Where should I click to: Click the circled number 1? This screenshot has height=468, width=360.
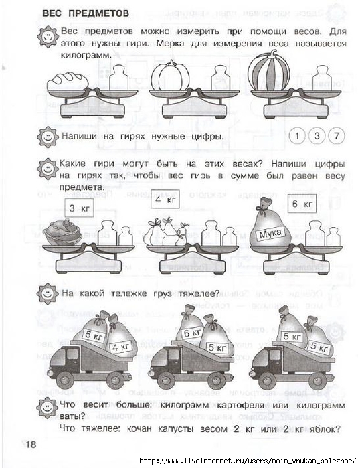[x=297, y=136]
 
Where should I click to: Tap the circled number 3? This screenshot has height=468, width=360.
[x=317, y=136]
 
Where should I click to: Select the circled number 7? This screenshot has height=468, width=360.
[x=337, y=136]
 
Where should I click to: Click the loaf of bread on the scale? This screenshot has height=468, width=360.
[x=68, y=81]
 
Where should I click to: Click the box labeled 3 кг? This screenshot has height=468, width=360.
[x=79, y=208]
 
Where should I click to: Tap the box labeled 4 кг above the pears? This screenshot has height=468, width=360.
[x=165, y=199]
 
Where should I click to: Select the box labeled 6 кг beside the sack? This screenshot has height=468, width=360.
[x=302, y=204]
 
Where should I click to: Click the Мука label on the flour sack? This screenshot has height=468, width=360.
[x=270, y=234]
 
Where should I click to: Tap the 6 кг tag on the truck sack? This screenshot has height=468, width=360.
[x=192, y=333]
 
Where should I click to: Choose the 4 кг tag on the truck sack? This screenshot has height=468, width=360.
[x=120, y=347]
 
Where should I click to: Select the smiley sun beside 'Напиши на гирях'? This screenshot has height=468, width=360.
[x=48, y=137]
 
